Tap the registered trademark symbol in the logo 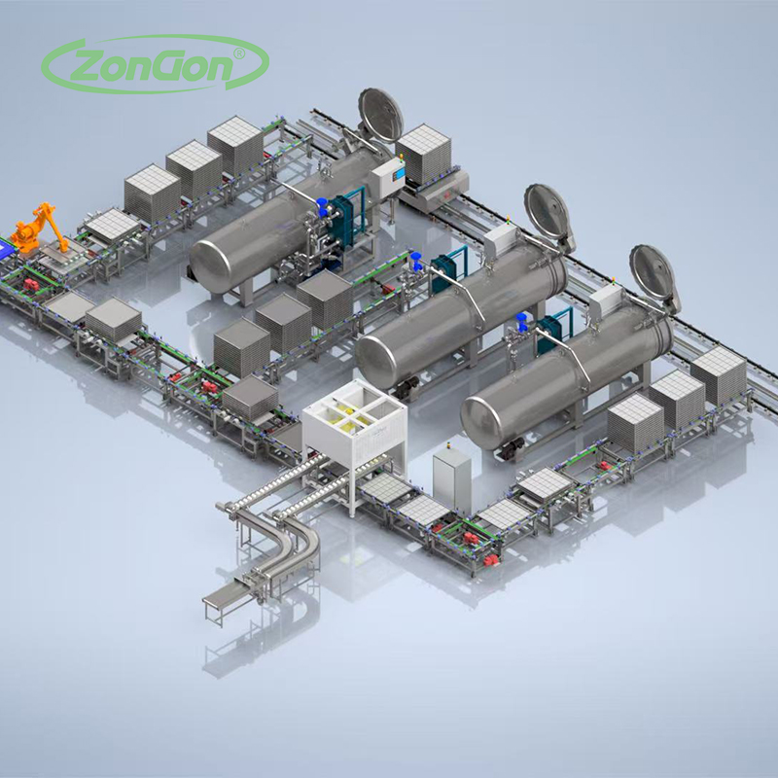239,53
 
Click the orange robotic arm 39,229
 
